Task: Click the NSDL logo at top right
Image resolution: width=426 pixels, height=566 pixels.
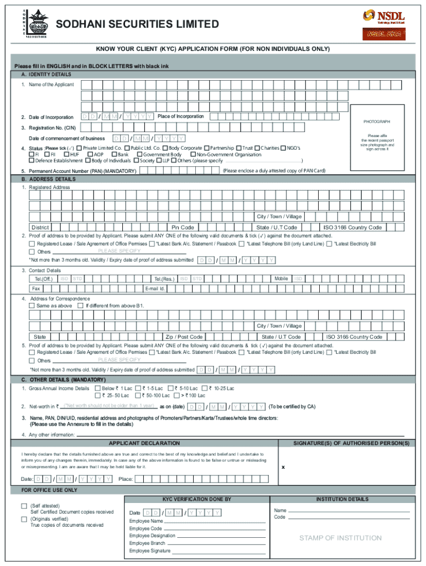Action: [x=383, y=17]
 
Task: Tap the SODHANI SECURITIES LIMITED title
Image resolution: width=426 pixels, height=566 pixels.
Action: [x=137, y=24]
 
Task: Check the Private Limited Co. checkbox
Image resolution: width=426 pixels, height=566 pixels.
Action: [x=79, y=148]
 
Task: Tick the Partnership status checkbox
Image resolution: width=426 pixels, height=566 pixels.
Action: [x=206, y=148]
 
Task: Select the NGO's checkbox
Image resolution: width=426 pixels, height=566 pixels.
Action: [x=283, y=148]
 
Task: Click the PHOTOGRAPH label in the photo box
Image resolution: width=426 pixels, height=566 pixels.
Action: [x=376, y=122]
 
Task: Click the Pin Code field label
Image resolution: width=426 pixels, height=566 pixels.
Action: [x=183, y=227]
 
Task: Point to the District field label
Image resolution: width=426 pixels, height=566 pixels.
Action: [x=40, y=227]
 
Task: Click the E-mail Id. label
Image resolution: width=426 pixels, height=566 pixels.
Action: [x=155, y=289]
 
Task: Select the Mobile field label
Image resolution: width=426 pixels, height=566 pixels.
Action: [x=281, y=279]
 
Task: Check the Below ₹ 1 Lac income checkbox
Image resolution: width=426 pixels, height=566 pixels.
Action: [x=97, y=389]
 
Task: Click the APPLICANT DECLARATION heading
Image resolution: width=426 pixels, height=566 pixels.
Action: [x=144, y=443]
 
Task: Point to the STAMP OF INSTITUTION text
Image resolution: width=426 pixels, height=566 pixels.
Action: [x=340, y=538]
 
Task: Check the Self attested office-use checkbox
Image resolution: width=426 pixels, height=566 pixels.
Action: [x=24, y=506]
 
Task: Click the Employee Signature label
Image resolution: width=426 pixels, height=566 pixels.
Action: [x=149, y=551]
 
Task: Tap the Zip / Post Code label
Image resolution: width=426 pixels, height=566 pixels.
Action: [x=184, y=337]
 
